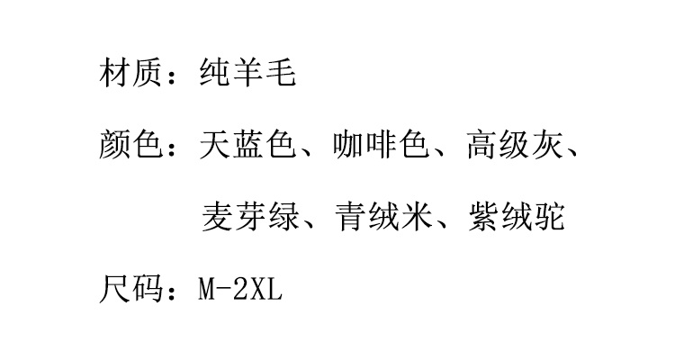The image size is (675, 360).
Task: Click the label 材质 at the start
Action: click(x=130, y=73)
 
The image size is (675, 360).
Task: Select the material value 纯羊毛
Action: click(x=248, y=73)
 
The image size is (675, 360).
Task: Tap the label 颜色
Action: click(x=130, y=145)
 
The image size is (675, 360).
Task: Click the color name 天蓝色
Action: click(x=248, y=145)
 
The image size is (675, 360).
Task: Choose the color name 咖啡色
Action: click(x=382, y=145)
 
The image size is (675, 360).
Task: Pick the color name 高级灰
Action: click(x=516, y=145)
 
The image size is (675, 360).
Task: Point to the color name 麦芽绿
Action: click(x=250, y=217)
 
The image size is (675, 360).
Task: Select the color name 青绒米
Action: click(x=384, y=217)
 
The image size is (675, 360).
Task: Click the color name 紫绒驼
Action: click(x=517, y=217)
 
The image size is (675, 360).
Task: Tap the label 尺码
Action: click(x=130, y=289)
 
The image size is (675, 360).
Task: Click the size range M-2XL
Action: click(x=240, y=289)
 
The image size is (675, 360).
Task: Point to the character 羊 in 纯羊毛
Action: click(x=248, y=73)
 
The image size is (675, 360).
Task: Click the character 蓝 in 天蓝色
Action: click(x=248, y=145)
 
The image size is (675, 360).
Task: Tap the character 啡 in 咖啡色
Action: click(x=382, y=145)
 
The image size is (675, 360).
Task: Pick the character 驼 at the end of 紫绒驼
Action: click(x=550, y=217)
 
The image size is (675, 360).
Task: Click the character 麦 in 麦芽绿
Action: click(x=217, y=217)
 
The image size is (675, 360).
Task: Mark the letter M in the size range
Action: click(x=207, y=289)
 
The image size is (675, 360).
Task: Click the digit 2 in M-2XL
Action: click(x=240, y=289)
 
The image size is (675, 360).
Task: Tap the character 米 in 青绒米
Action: click(x=417, y=217)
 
